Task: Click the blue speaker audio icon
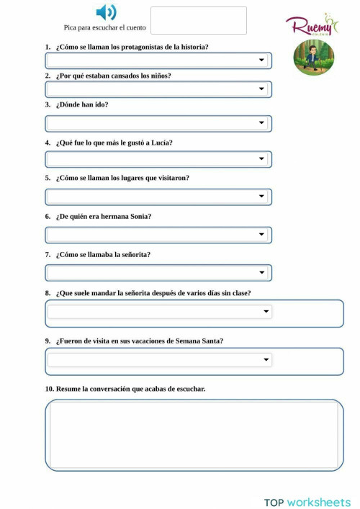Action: [106, 12]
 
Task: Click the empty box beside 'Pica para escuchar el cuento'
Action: [198, 21]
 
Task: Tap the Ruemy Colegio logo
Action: [312, 25]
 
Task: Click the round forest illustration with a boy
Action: [313, 58]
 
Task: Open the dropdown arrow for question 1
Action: [262, 60]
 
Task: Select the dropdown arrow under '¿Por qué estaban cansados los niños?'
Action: [262, 89]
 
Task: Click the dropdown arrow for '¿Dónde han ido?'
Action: [262, 123]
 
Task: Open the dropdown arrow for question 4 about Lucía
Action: [262, 159]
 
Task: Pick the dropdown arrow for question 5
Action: [262, 197]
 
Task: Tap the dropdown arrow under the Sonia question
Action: [262, 235]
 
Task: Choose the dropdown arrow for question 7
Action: [262, 273]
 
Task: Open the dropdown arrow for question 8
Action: [266, 312]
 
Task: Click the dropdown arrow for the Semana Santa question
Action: [266, 359]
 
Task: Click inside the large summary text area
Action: [194, 435]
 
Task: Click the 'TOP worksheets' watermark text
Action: [307, 502]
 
